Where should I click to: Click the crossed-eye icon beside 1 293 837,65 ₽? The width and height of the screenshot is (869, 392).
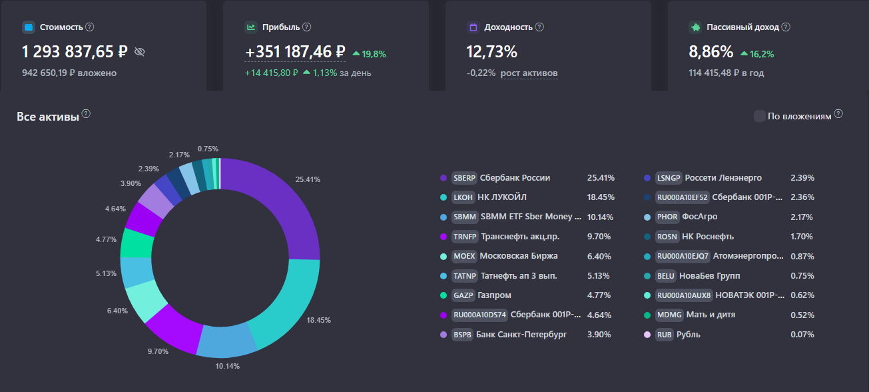click(139, 52)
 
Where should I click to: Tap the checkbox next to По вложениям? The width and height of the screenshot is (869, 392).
click(759, 116)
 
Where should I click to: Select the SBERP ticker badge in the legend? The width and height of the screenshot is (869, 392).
click(464, 178)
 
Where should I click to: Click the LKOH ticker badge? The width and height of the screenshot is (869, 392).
click(463, 197)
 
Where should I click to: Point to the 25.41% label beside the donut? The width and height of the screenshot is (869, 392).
click(308, 179)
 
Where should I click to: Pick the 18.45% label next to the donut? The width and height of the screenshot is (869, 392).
click(318, 320)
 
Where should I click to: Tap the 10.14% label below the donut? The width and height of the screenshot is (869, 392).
click(226, 366)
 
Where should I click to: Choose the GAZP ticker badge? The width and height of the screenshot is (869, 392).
click(463, 295)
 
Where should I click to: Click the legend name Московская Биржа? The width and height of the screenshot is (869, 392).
click(519, 256)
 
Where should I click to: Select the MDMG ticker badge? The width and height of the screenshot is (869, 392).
click(669, 315)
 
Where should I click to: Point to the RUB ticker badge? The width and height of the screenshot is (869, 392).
click(665, 335)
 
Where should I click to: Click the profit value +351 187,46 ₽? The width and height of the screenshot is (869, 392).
click(295, 52)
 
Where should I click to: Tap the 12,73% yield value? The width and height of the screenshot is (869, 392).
click(491, 52)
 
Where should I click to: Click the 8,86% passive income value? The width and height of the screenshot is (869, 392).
click(711, 52)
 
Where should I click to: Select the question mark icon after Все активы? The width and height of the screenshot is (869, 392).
click(86, 114)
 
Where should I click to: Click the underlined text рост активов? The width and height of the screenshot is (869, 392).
click(529, 73)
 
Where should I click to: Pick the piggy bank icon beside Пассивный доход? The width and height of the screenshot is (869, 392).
click(695, 27)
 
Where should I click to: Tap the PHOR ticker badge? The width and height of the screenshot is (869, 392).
click(667, 217)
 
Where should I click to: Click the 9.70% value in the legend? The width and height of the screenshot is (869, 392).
click(601, 237)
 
